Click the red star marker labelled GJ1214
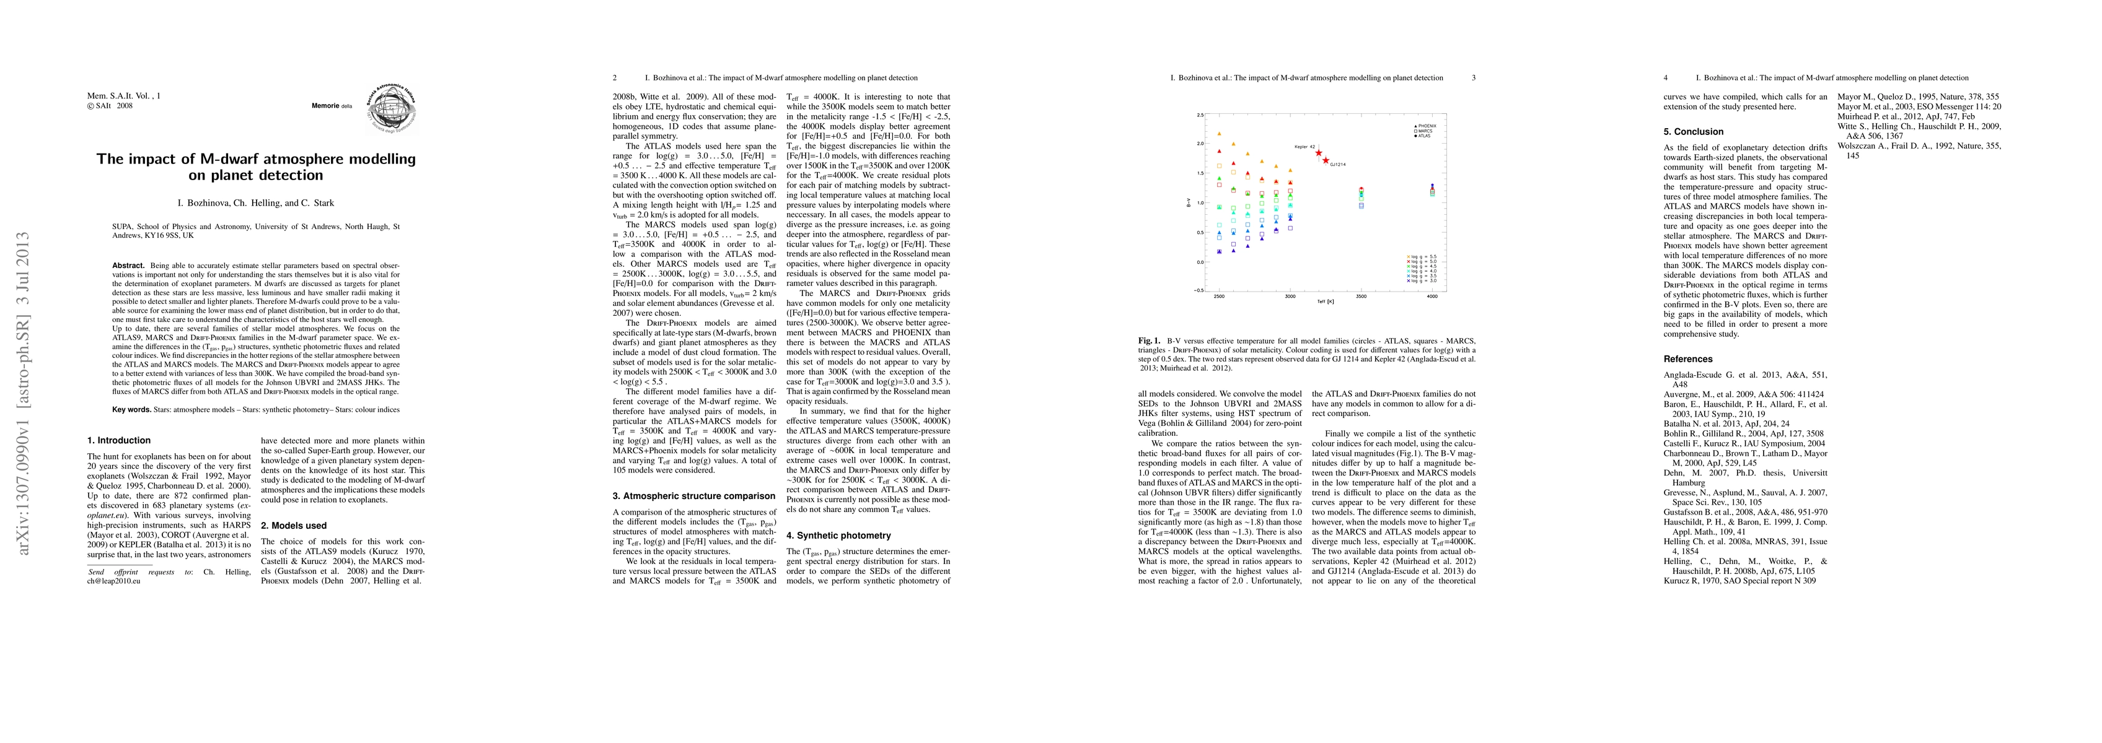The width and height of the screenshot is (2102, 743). (1326, 160)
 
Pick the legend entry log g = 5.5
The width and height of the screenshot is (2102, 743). (1422, 257)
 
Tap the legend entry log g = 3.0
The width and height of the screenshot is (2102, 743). (1422, 280)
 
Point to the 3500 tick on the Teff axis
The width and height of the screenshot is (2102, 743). (1361, 297)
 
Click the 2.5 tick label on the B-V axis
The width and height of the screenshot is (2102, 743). (1200, 115)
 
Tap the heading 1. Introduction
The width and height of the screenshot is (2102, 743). (119, 440)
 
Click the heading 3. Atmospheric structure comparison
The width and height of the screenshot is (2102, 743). (695, 496)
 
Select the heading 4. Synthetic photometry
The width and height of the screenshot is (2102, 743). (839, 536)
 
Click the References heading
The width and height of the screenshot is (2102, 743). (1688, 359)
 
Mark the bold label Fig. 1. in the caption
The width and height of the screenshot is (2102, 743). (1149, 340)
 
